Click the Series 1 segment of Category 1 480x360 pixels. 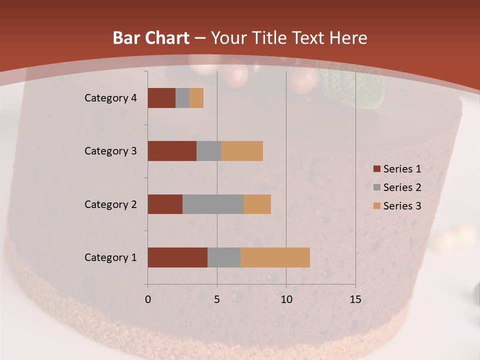[177, 257]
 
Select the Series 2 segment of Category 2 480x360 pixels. [213, 204]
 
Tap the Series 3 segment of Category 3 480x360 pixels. [242, 151]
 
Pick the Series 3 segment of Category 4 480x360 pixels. [196, 98]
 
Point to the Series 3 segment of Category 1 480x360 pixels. [275, 257]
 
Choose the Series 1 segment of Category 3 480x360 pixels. [172, 151]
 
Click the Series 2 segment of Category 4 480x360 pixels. [182, 98]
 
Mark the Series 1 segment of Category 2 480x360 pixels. [165, 204]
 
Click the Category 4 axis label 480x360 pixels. [110, 98]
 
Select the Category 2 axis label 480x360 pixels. [110, 204]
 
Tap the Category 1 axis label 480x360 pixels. [110, 257]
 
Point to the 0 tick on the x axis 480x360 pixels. [148, 299]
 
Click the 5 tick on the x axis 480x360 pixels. [217, 299]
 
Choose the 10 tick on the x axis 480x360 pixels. [286, 299]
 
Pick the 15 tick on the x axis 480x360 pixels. [355, 299]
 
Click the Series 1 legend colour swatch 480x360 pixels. [376, 169]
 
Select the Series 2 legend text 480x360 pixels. [402, 187]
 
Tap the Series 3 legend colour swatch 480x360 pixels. [376, 206]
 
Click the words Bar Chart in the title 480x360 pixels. [151, 38]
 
